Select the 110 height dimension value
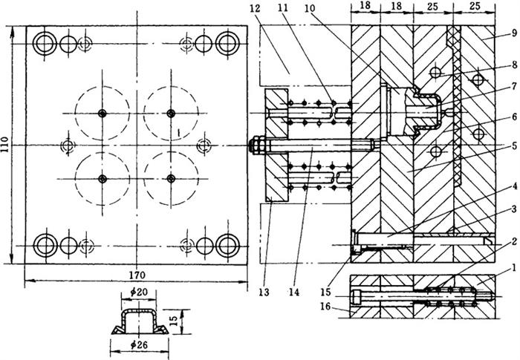(x=7, y=142)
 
